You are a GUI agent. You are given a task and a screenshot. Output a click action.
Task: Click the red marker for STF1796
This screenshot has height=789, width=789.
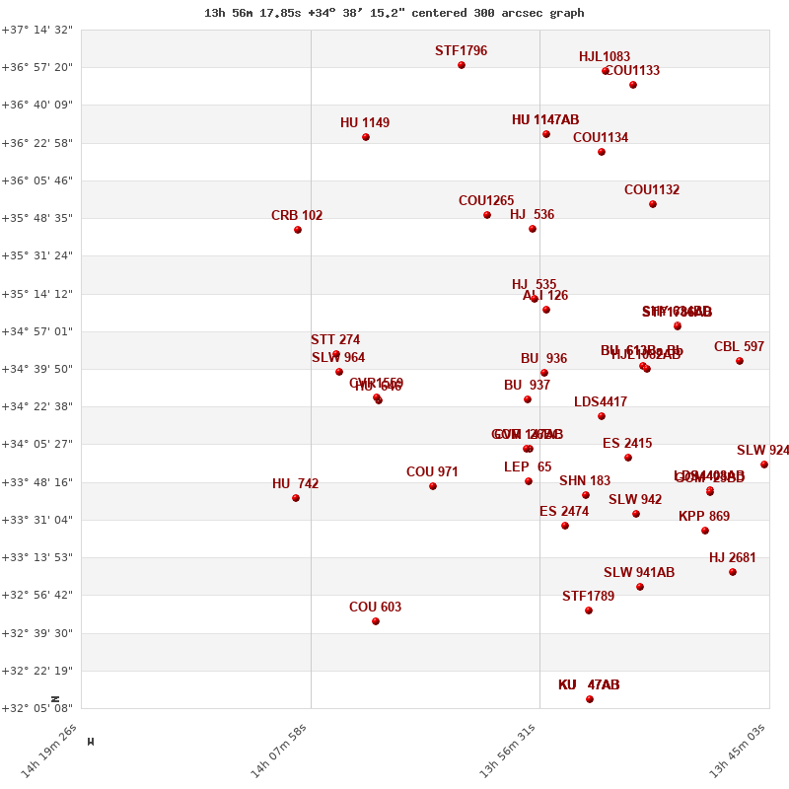click(462, 65)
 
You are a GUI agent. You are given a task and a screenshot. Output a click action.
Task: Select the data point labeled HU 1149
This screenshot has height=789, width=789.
click(366, 137)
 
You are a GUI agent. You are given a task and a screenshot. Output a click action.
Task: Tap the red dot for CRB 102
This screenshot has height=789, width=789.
click(298, 230)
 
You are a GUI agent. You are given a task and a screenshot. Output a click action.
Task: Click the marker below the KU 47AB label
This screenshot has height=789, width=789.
click(590, 699)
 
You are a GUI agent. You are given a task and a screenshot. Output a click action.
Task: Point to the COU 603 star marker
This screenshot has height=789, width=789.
click(376, 621)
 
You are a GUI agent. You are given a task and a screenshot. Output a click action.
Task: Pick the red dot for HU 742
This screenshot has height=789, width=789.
click(296, 498)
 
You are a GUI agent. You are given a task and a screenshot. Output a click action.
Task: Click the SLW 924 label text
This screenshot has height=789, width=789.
click(762, 451)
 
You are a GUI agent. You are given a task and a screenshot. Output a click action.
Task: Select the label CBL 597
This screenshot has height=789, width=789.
click(739, 347)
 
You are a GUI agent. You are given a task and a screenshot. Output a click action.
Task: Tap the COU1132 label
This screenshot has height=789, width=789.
click(652, 190)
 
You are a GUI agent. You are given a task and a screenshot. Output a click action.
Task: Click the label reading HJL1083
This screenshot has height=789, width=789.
click(605, 57)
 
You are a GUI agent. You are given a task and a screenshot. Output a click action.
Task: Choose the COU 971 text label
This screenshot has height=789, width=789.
click(432, 472)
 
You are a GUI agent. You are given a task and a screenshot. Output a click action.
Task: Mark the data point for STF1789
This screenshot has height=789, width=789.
click(589, 610)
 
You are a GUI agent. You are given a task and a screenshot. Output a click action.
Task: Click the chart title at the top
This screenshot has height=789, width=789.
click(394, 13)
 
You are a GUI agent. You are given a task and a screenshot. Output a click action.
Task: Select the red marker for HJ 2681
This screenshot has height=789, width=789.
click(733, 572)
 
